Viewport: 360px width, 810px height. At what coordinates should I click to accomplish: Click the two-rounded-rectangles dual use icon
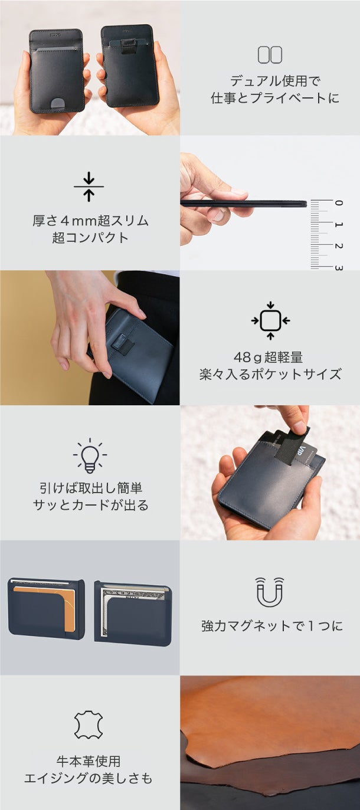click(270, 55)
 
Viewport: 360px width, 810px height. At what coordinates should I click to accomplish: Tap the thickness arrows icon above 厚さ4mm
click(89, 186)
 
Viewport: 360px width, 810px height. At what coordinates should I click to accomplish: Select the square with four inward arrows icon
click(270, 320)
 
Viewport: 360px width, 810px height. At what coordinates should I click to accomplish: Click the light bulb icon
click(90, 455)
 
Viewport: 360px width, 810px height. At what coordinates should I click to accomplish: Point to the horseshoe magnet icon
click(270, 592)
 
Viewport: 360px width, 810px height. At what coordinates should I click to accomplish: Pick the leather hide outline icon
click(89, 724)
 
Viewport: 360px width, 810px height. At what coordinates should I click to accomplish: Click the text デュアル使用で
click(275, 81)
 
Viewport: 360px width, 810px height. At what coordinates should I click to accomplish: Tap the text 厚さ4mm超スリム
click(90, 221)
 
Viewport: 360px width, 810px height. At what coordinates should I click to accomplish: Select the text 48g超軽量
click(268, 358)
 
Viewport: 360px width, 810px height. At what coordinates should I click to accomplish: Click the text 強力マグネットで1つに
click(271, 626)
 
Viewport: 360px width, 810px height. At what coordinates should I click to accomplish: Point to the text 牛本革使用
click(89, 761)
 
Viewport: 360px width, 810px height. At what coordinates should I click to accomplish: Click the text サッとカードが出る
click(90, 505)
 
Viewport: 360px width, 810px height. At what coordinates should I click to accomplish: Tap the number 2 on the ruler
click(338, 246)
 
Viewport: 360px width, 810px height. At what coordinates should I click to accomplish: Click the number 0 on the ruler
click(338, 203)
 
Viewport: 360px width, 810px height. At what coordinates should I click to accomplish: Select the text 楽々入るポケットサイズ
click(270, 374)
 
